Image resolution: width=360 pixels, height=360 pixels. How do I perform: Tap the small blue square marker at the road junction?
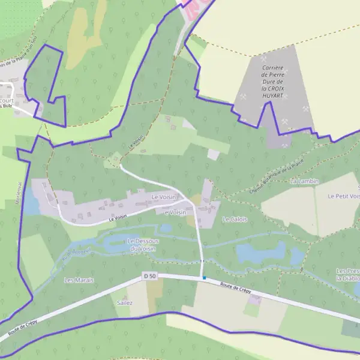point(204,277)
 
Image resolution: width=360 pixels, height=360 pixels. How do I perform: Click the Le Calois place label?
point(235,220)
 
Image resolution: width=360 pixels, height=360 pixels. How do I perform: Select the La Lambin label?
point(304,181)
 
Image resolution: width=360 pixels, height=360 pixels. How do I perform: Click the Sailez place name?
point(125,303)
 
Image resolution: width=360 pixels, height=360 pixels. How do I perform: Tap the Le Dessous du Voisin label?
point(142,245)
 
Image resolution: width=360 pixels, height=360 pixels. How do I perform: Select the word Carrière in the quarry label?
point(272,68)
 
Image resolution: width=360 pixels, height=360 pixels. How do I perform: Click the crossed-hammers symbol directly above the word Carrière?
point(264,59)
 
